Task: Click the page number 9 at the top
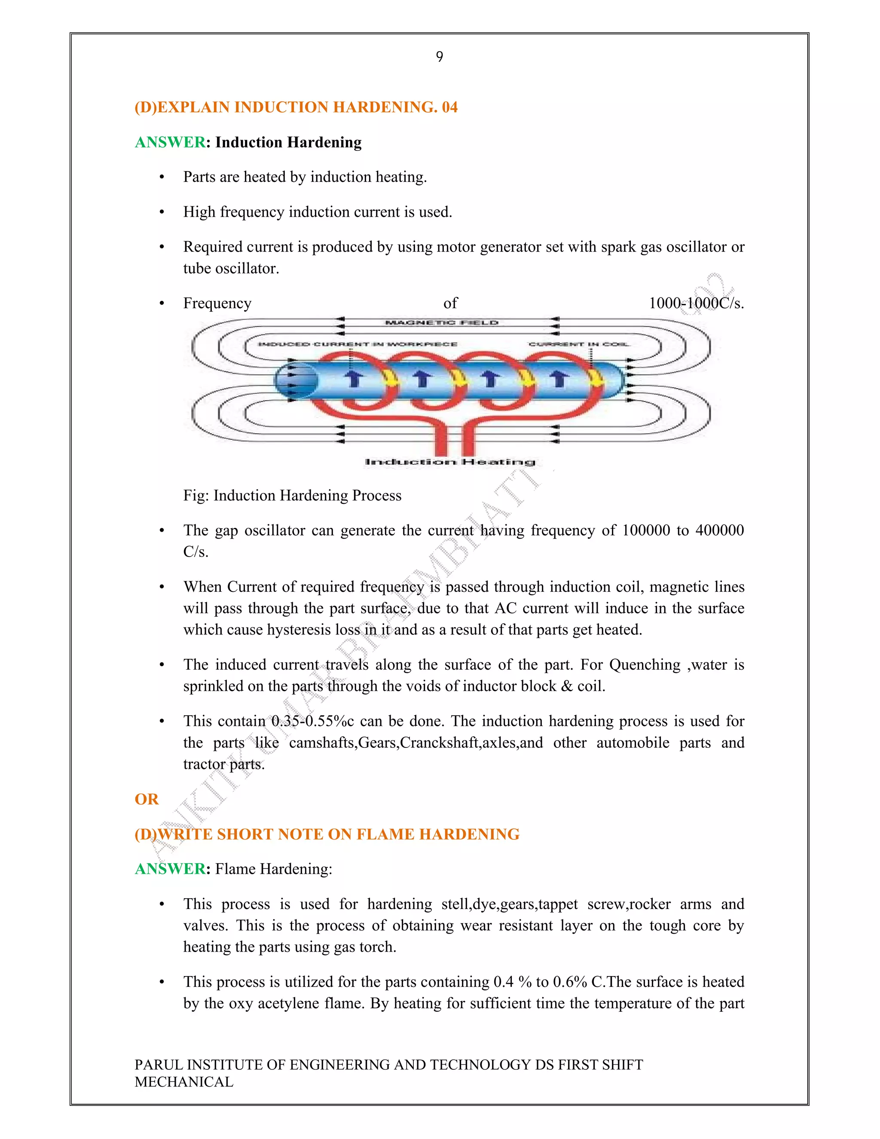click(x=440, y=57)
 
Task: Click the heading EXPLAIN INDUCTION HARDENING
click(x=296, y=107)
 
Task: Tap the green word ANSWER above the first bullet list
click(x=170, y=142)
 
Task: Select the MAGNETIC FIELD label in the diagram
click(x=442, y=323)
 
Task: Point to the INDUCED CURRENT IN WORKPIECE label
click(x=357, y=344)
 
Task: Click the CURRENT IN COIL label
click(x=579, y=344)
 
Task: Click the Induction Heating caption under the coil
click(x=450, y=462)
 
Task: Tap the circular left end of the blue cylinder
click(x=296, y=381)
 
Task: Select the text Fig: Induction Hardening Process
click(x=292, y=496)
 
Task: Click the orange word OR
click(x=147, y=799)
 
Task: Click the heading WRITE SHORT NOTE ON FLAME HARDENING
click(x=327, y=834)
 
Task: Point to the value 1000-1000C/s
click(x=696, y=303)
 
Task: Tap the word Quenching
click(x=645, y=665)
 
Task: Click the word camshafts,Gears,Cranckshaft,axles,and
click(x=416, y=743)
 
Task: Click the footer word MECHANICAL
click(x=183, y=1082)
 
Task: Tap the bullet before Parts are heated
click(x=162, y=178)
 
